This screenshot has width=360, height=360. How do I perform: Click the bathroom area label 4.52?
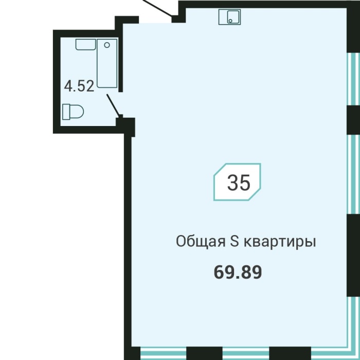(x=79, y=86)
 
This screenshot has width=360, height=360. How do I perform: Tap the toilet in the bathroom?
(x=73, y=111)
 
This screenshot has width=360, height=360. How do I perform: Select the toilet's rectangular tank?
(x=65, y=111)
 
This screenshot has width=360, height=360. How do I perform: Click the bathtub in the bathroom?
(x=107, y=63)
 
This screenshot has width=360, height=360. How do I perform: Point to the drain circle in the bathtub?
(x=107, y=45)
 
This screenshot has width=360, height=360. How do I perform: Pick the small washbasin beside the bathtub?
(x=85, y=44)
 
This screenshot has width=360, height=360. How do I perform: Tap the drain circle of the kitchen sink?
(x=230, y=21)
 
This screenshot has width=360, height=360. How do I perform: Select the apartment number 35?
(x=238, y=183)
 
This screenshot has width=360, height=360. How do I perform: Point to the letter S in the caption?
(x=231, y=242)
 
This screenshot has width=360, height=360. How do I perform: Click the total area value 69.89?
(x=238, y=272)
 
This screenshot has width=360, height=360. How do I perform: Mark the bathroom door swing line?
(x=114, y=105)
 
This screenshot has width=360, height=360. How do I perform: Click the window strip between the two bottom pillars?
(x=246, y=353)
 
